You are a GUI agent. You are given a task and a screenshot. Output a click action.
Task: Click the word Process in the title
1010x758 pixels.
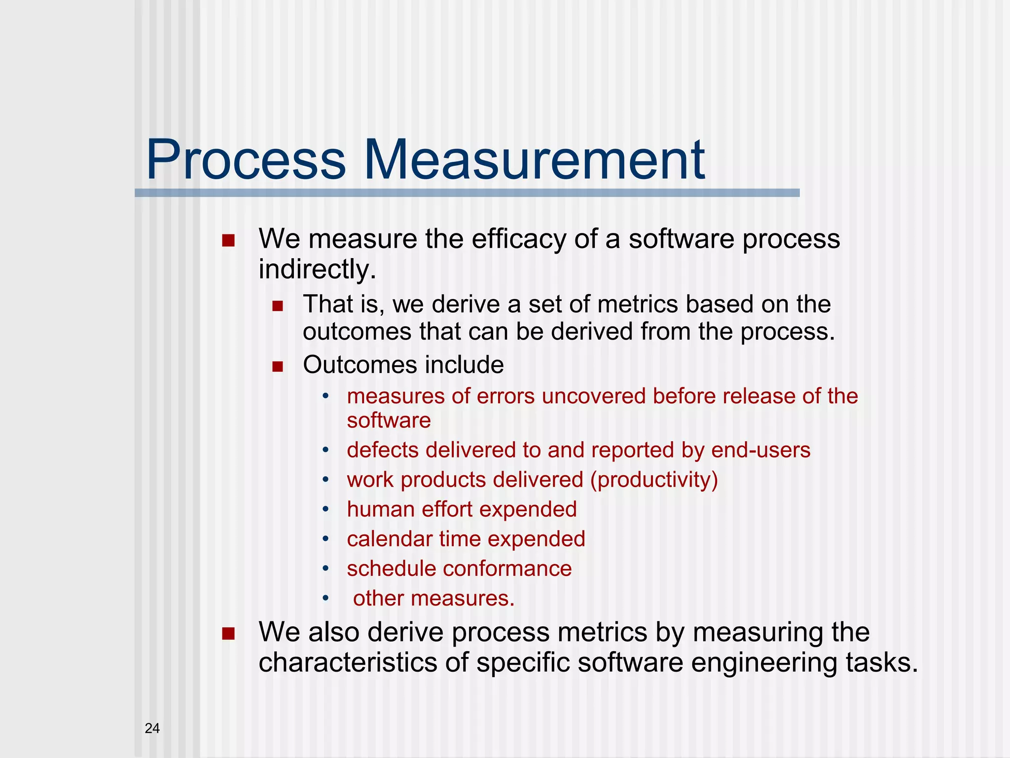tap(246, 160)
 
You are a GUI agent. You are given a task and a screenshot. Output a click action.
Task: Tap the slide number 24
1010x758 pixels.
tap(152, 728)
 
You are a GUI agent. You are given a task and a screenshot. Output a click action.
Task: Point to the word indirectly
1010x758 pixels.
tap(317, 269)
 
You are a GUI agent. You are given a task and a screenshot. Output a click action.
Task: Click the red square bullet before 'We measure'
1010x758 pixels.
tap(228, 241)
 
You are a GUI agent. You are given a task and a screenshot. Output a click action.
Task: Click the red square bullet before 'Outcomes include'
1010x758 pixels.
tap(278, 367)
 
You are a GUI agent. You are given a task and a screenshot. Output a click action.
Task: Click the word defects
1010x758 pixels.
tap(382, 450)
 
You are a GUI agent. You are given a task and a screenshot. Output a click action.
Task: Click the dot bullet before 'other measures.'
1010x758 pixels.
tap(325, 599)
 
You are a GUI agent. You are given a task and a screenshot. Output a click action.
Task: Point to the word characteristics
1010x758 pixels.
tap(348, 662)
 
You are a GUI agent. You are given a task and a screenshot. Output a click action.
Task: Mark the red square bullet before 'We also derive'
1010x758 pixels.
tap(228, 634)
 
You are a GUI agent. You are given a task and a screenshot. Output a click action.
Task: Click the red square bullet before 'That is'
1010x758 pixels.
tap(278, 306)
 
